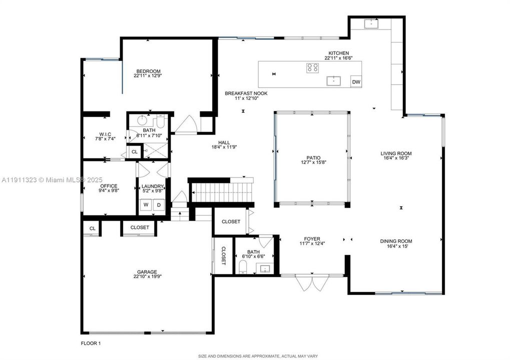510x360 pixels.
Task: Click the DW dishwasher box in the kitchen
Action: pos(356,82)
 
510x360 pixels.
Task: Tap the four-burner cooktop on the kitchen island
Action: pos(313,67)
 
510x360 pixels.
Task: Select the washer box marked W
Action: pos(146,204)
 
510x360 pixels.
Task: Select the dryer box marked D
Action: pos(159,204)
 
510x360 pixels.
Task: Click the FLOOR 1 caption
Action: pos(91,343)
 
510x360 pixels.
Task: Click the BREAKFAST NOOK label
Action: pos(246,93)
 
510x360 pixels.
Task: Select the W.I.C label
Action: pos(105,133)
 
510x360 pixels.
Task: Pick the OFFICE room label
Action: pos(109,186)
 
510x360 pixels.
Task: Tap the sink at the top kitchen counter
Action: pos(371,23)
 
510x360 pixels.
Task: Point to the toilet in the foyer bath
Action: pos(242,270)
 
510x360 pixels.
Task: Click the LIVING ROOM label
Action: pos(395,153)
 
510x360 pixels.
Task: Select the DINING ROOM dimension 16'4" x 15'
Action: pos(396,246)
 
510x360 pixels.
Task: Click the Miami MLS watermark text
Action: pos(45,179)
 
